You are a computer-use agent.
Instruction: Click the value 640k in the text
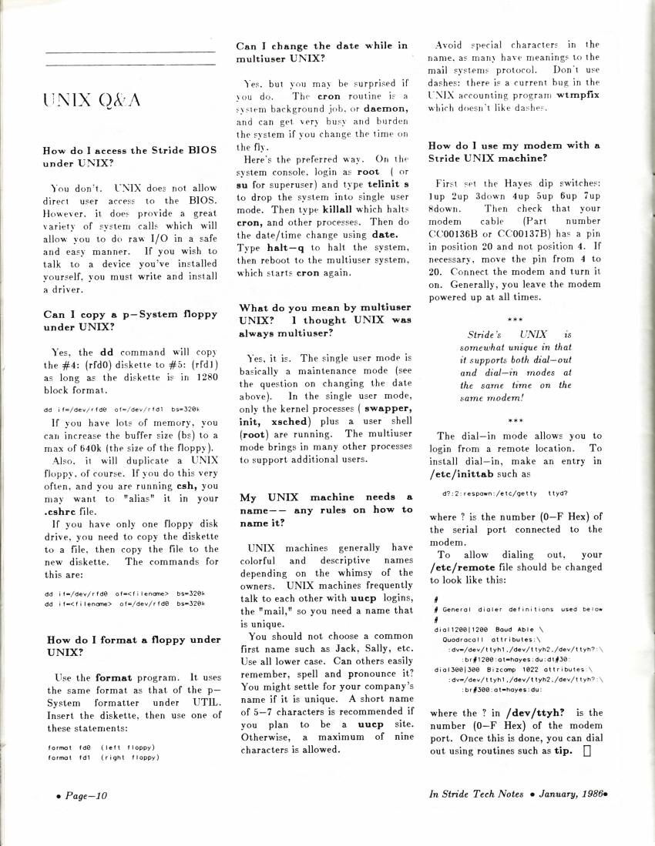90,449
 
